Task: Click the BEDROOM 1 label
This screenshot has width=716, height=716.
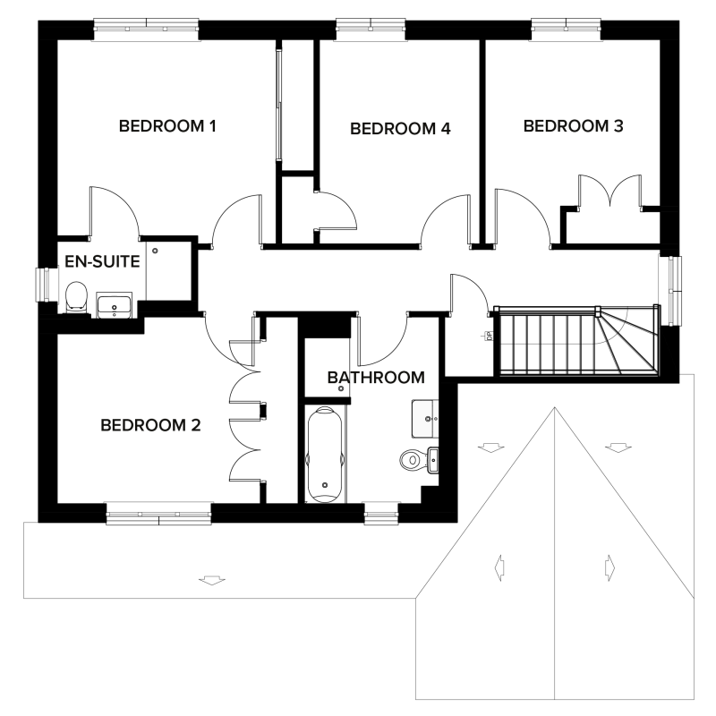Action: tap(168, 126)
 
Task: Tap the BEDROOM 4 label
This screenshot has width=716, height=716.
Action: tap(399, 129)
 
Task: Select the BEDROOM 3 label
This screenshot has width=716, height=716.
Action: tap(573, 126)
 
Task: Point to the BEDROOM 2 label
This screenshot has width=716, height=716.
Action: tap(149, 425)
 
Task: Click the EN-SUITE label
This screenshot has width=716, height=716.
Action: tap(102, 262)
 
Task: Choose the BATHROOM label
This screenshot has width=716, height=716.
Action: tap(375, 378)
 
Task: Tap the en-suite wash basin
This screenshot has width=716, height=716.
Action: tap(115, 306)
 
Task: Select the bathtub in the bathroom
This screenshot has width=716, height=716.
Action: tap(324, 455)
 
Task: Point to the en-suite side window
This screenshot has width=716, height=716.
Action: tap(44, 286)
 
